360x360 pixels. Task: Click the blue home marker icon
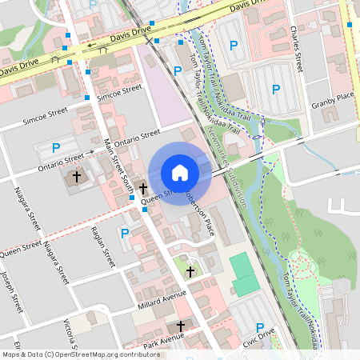click(180, 172)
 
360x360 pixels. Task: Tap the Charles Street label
click(297, 48)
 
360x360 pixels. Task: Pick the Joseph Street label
click(9, 292)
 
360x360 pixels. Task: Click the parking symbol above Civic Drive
click(260, 326)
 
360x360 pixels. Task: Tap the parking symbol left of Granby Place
click(276, 90)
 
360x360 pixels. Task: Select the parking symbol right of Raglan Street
click(125, 233)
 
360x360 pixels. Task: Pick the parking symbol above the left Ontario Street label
click(56, 148)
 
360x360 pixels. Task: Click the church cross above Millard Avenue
click(190, 273)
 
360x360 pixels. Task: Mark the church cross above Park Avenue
click(181, 326)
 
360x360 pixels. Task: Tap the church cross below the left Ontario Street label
click(77, 175)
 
